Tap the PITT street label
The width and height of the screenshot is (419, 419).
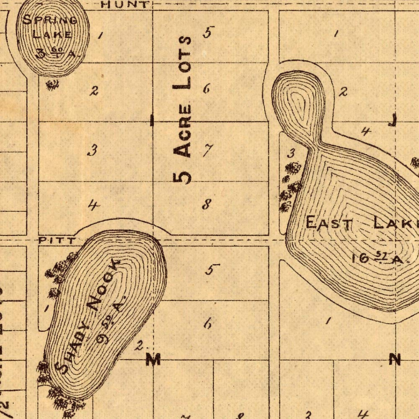coord(57,241)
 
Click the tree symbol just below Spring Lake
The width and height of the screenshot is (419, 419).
coord(53,84)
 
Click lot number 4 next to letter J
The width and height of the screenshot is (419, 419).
coord(366,132)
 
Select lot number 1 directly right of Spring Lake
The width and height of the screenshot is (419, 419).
coord(101,35)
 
